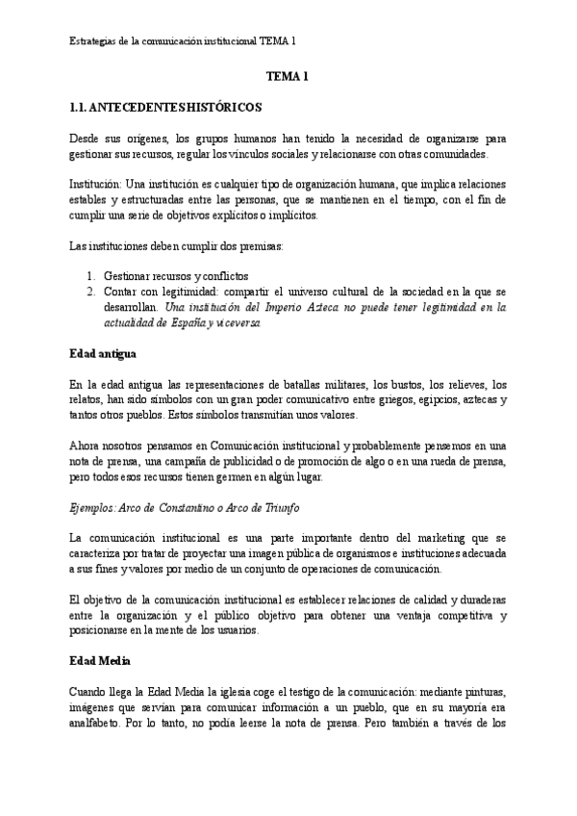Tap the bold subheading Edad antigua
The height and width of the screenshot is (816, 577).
(x=106, y=353)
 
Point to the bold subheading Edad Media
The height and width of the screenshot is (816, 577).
(x=102, y=662)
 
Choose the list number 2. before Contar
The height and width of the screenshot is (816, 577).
(x=91, y=290)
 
